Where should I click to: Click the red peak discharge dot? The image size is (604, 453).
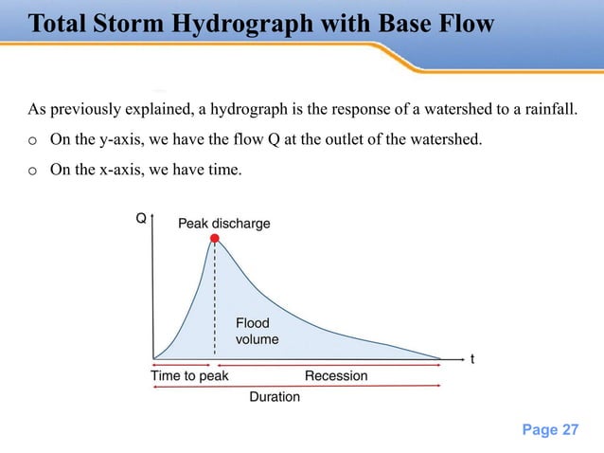(x=215, y=240)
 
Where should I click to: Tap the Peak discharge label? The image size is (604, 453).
(x=224, y=224)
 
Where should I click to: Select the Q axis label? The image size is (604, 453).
(x=141, y=218)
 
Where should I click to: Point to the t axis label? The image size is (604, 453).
(x=472, y=360)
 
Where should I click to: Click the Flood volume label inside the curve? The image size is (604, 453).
(x=257, y=332)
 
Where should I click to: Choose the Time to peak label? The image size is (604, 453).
(x=189, y=376)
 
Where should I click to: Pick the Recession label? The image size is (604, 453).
(x=336, y=376)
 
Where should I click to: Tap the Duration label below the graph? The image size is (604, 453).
(x=275, y=397)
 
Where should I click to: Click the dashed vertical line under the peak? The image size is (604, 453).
(x=215, y=303)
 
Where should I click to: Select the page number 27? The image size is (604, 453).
(x=570, y=429)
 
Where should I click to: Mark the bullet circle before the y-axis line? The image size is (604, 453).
(x=32, y=141)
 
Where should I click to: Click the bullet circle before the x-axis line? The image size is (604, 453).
(x=32, y=170)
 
